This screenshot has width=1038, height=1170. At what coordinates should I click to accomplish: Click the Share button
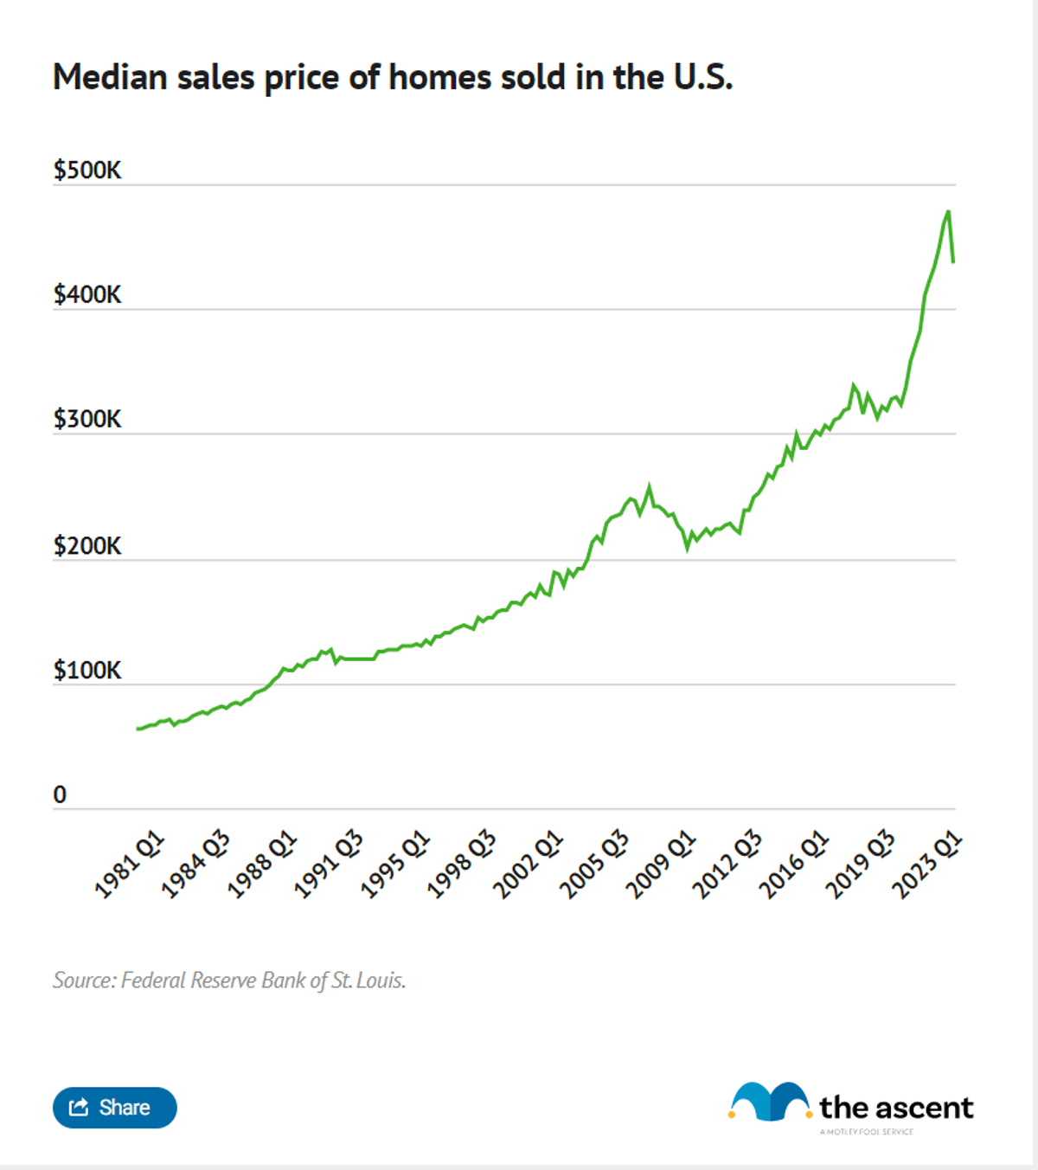click(114, 1108)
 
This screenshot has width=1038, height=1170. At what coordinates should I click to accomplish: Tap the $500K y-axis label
click(87, 170)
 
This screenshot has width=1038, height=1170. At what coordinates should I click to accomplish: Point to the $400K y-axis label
click(87, 294)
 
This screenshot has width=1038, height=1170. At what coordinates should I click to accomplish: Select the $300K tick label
click(87, 419)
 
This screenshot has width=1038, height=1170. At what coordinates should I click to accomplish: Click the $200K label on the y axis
click(87, 546)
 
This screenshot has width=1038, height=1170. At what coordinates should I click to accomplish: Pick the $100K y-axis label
click(87, 671)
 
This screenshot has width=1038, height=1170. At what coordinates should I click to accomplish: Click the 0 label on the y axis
click(60, 794)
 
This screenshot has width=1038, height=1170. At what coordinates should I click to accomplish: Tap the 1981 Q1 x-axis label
click(129, 864)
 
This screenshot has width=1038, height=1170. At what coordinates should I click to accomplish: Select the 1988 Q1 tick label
click(261, 864)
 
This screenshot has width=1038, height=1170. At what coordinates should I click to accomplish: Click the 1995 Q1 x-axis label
click(394, 864)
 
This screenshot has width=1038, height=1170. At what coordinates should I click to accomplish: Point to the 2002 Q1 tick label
click(528, 864)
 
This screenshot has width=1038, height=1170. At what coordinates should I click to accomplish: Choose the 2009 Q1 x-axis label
click(661, 864)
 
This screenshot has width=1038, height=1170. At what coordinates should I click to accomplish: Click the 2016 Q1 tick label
click(794, 864)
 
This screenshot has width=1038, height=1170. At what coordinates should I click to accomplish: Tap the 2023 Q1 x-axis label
click(926, 864)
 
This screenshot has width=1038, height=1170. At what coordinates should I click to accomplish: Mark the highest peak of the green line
click(948, 211)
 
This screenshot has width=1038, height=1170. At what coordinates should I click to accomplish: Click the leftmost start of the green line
click(138, 729)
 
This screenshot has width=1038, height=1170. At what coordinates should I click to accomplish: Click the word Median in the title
click(110, 77)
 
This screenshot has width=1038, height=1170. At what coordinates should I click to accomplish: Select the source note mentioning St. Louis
click(229, 980)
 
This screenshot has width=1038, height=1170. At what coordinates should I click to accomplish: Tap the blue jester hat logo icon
click(768, 1102)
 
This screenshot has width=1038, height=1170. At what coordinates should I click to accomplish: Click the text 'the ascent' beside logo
click(896, 1108)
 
